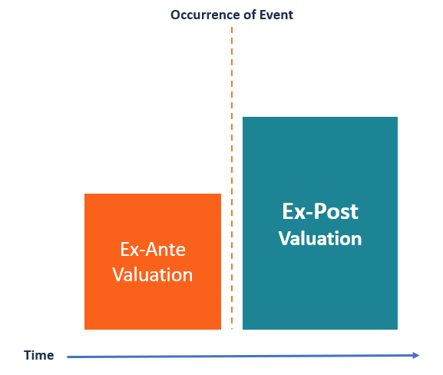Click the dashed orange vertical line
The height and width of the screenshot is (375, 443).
pos(231,154)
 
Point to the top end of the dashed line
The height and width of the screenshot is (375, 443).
pos(231,28)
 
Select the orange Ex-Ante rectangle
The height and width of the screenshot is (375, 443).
pos(153,223)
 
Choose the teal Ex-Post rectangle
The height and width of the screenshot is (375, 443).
pos(319,169)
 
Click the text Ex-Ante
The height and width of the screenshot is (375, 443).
pos(153,250)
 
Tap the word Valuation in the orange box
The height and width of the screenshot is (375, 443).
pos(153,274)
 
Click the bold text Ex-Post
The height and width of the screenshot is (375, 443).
pos(320,211)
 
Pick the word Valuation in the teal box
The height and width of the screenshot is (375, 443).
pos(320,238)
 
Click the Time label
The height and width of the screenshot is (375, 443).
pos(38,355)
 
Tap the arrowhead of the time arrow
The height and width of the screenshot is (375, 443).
pos(416,355)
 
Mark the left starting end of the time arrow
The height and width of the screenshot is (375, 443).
pos(68,356)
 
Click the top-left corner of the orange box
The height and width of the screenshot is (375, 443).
pos(85,194)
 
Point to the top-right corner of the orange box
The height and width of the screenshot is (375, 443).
pos(220,194)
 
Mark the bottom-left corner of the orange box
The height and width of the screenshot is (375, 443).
pos(85,329)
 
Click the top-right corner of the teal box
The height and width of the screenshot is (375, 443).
pos(397,118)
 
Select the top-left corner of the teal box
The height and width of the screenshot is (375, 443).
pos(243,118)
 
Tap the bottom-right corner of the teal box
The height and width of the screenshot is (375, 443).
pos(397,329)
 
